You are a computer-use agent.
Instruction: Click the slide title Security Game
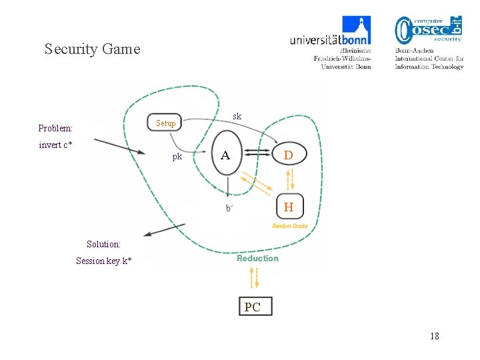click(x=92, y=49)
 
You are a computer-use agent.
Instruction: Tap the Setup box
click(x=165, y=123)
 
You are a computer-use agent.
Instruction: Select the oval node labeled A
click(x=227, y=155)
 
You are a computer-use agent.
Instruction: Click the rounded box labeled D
click(x=288, y=155)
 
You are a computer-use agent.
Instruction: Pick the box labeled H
click(x=288, y=207)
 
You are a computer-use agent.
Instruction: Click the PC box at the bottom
click(x=253, y=307)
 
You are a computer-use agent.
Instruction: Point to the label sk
click(x=237, y=117)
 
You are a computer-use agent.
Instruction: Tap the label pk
click(x=177, y=157)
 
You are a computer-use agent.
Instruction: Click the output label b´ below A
click(x=229, y=208)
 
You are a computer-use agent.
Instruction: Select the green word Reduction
click(x=257, y=259)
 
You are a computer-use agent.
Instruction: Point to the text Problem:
click(x=55, y=128)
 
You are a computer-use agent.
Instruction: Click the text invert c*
click(x=56, y=145)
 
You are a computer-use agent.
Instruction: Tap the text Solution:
click(x=103, y=245)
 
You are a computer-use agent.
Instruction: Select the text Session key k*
click(x=103, y=261)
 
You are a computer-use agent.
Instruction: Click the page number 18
click(x=434, y=336)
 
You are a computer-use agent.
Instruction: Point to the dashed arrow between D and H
click(x=289, y=179)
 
